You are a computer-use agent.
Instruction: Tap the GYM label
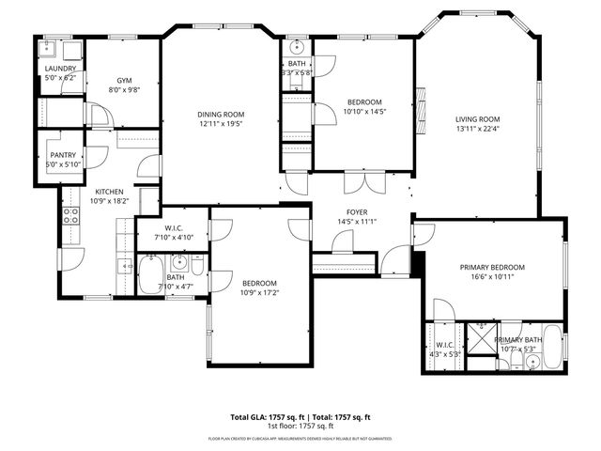click(123, 81)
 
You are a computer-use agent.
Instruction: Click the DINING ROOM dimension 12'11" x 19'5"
click(220, 124)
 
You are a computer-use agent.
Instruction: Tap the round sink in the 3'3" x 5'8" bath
click(297, 46)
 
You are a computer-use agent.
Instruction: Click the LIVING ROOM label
click(477, 119)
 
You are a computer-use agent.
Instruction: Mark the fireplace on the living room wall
click(421, 99)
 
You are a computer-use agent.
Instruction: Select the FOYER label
click(355, 211)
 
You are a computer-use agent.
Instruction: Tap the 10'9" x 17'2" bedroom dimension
click(259, 293)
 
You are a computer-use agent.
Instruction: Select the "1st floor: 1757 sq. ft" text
click(300, 426)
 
